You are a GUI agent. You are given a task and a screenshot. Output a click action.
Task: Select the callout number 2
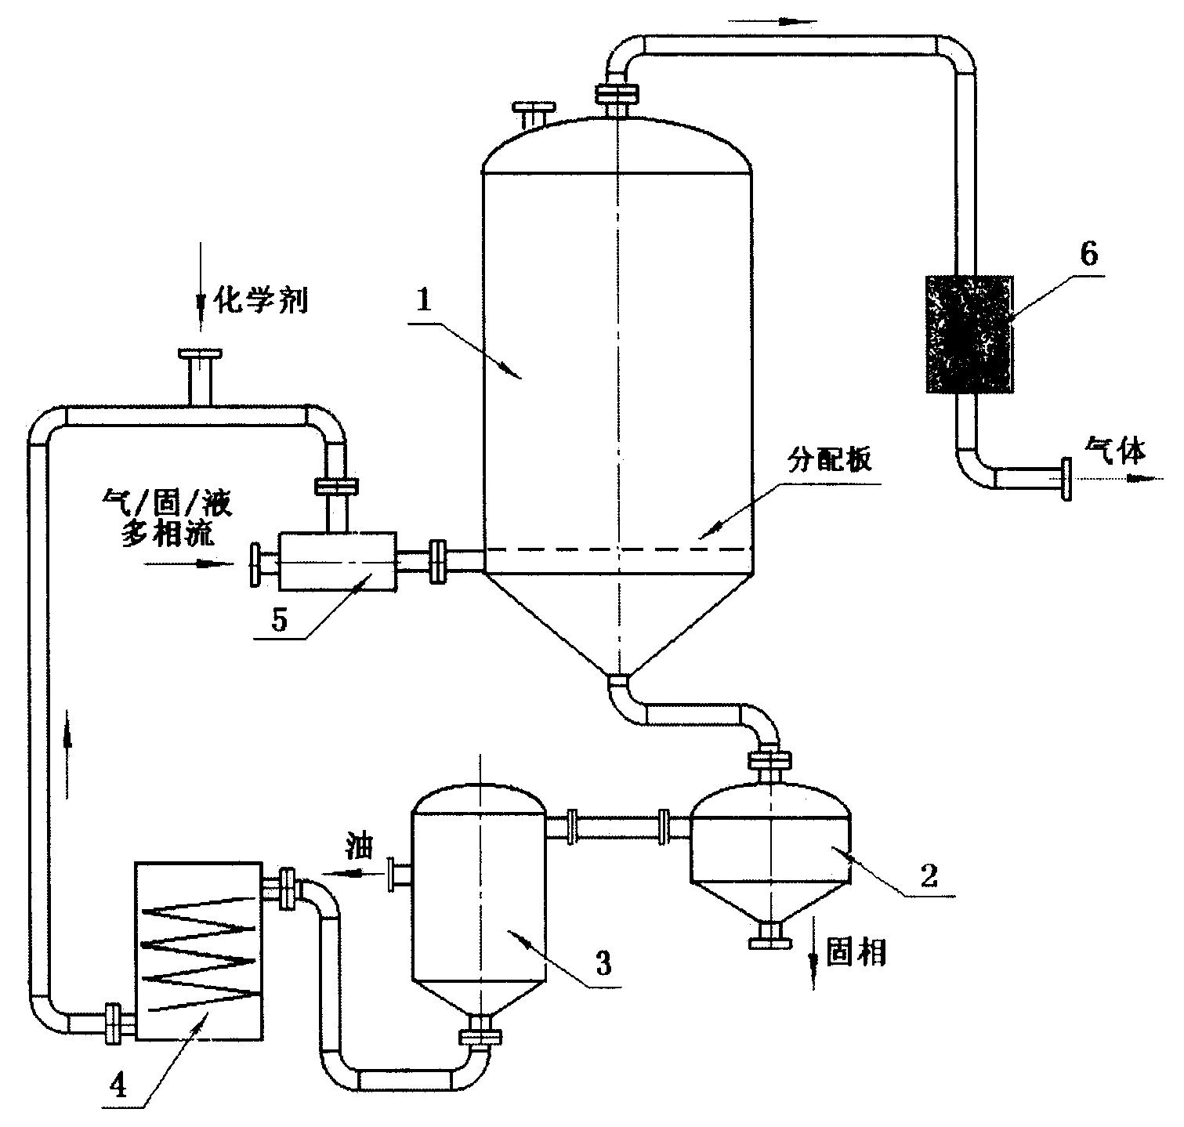point(929,875)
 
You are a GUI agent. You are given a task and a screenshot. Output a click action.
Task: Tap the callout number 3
point(603,962)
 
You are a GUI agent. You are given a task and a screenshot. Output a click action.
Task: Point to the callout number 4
point(118,1085)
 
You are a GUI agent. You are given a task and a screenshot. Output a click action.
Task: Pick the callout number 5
point(279,618)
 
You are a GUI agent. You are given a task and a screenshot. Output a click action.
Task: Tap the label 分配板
point(829,461)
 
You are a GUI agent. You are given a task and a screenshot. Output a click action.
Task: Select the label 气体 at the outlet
point(1115,450)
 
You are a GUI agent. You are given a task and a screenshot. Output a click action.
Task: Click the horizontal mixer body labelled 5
point(338,562)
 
